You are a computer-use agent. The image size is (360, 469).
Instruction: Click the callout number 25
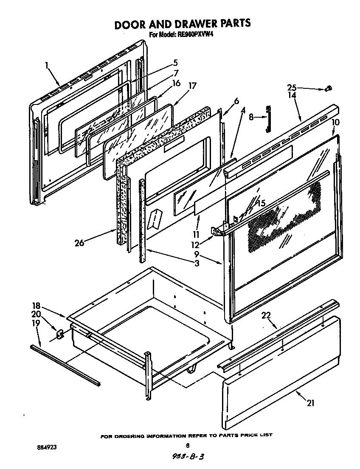click(291, 88)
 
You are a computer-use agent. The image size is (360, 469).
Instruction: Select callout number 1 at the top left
click(46, 65)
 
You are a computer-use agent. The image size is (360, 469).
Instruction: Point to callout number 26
click(79, 243)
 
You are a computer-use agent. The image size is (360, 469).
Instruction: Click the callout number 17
click(193, 85)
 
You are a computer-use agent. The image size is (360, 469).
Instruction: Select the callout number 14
click(291, 96)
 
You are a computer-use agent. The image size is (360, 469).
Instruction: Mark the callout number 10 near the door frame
click(335, 122)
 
